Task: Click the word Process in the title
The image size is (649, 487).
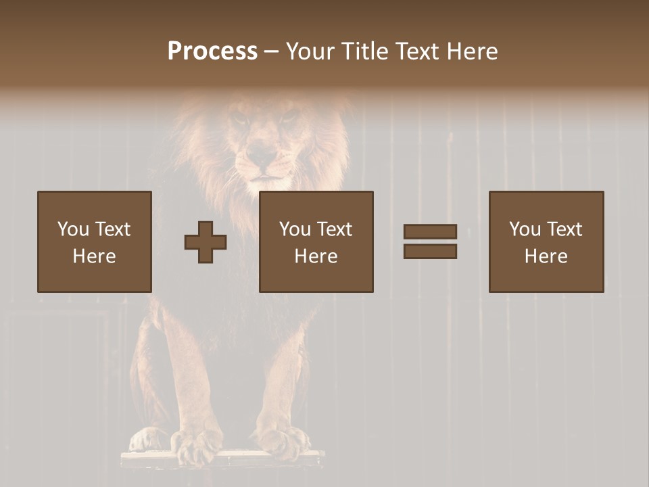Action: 212,51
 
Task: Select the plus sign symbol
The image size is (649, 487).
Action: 206,242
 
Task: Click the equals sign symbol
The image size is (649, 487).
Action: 430,241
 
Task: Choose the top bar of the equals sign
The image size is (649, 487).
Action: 430,231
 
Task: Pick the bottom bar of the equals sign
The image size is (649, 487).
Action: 430,252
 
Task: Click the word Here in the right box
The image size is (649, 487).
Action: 546,256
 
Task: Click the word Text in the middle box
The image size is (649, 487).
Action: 334,229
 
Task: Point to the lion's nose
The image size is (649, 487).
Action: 260,158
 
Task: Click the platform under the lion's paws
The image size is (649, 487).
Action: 223,460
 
